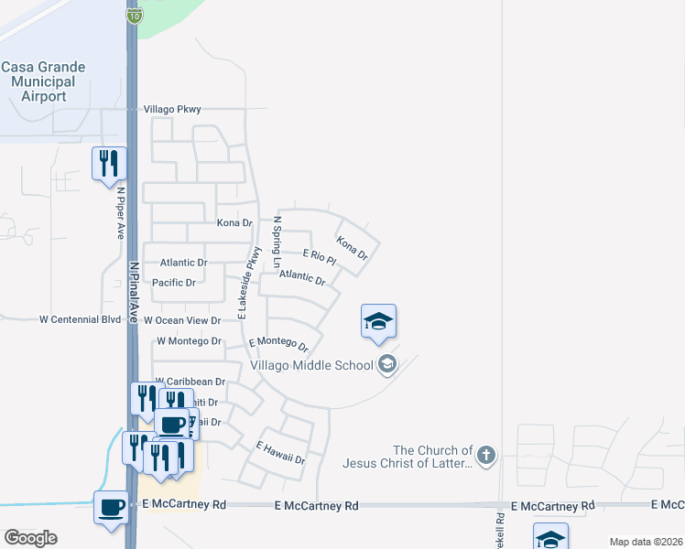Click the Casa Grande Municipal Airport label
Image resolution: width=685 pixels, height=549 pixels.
[x=43, y=81]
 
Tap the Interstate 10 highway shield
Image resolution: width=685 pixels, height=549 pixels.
[x=134, y=16]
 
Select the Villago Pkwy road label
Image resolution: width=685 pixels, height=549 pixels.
[x=172, y=109]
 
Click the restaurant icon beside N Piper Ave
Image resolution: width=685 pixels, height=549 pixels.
[x=109, y=164]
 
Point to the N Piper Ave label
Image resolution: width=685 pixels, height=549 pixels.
[x=120, y=213]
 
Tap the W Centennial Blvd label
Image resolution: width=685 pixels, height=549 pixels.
[x=80, y=320]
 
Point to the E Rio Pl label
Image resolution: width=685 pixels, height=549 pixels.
[x=320, y=257]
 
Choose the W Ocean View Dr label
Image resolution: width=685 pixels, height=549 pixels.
[x=182, y=320]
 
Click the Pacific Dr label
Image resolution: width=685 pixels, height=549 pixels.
[x=174, y=283]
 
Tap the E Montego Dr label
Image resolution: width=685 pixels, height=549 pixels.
[x=278, y=343]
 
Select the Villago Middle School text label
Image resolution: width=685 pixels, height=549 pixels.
[x=312, y=365]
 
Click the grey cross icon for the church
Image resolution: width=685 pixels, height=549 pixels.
[x=486, y=454]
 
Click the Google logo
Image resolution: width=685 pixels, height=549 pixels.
[x=31, y=538]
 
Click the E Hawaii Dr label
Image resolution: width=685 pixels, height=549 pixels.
[x=280, y=453]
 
